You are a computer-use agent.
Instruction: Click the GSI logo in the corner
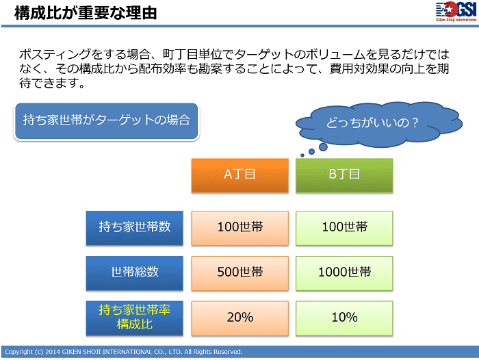pos(456,12)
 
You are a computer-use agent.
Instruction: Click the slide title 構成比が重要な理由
pos(86,13)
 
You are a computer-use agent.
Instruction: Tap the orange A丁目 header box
pos(239,175)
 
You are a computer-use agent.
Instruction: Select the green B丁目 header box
pos(344,175)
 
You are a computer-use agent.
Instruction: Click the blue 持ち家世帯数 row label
pos(134,228)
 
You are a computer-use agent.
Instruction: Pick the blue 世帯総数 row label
pos(134,273)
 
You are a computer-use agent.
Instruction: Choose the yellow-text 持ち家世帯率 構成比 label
pos(134,318)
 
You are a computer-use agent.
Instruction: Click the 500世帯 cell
pos(239,273)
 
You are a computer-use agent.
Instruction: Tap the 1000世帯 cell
pos(344,273)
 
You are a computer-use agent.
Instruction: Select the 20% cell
pos(239,318)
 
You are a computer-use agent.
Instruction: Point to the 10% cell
pos(344,318)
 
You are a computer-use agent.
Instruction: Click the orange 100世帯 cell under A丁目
pos(239,228)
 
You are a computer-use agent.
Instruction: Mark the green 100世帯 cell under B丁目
pos(344,228)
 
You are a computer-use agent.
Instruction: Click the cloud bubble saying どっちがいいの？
pos(379,123)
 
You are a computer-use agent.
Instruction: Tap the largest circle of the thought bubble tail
pos(323,147)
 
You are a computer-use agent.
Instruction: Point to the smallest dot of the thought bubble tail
pos(302,155)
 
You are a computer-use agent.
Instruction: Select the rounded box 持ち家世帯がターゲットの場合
pos(106,121)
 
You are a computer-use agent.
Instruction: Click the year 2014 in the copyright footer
pos(53,352)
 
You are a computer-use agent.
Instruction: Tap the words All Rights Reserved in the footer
pos(213,352)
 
